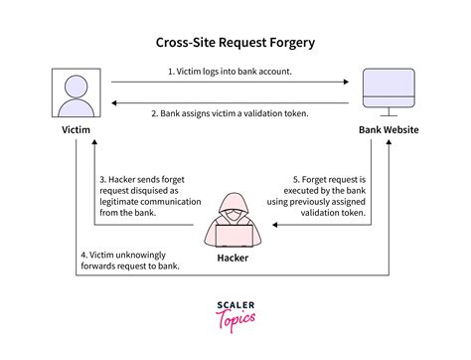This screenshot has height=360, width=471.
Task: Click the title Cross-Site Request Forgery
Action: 235,43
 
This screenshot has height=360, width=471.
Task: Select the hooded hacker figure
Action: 235,222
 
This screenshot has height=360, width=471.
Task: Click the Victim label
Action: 77,130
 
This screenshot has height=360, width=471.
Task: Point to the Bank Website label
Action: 389,130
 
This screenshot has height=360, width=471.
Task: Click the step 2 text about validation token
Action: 231,113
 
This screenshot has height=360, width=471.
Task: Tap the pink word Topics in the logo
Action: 235,319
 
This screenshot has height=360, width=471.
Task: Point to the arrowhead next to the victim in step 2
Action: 114,102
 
